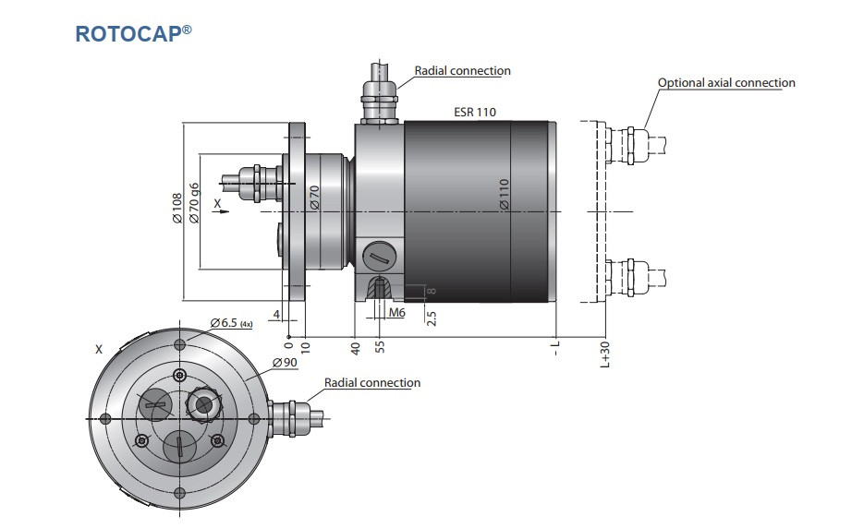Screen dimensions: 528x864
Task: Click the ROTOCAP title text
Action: point(133,33)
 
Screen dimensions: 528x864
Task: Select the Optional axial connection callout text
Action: point(726,83)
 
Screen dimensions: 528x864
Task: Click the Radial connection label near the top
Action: point(462,70)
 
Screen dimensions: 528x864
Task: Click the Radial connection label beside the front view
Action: point(371,382)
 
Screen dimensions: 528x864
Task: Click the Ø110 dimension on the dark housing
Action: point(505,195)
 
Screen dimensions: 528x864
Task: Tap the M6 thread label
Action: point(396,313)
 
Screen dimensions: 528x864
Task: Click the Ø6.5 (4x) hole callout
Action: point(231,323)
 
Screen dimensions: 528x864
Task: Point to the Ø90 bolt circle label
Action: point(284,362)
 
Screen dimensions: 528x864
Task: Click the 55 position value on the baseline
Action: point(379,348)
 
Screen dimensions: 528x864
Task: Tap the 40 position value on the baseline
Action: point(355,348)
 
